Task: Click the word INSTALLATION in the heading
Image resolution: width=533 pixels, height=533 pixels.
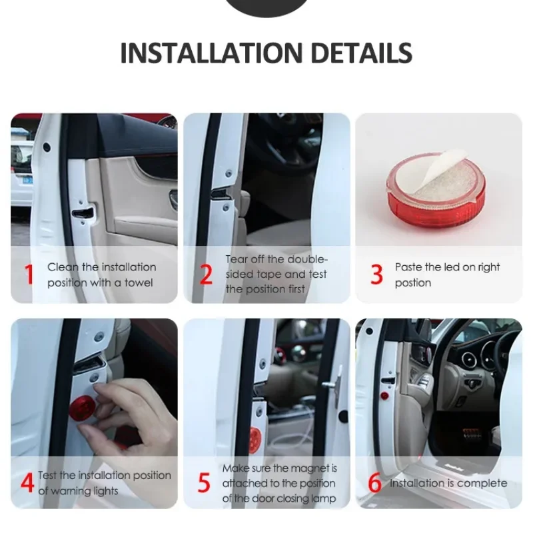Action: coord(211,53)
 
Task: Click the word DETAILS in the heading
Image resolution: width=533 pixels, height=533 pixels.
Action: coord(361,53)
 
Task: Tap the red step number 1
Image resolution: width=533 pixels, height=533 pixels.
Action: coord(29,274)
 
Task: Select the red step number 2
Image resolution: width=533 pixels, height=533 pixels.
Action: coord(206,274)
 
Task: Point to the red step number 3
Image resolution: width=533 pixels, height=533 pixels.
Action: coord(376,274)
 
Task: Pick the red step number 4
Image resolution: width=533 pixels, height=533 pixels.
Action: coord(27,482)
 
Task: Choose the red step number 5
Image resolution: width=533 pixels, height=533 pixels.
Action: coord(204,482)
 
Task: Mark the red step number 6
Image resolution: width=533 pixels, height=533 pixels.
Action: coord(375,482)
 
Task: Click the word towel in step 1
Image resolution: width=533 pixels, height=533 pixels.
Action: coord(139,282)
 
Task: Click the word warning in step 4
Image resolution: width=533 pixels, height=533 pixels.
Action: coord(68,491)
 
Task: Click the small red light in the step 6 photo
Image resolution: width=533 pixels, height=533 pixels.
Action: coord(384,396)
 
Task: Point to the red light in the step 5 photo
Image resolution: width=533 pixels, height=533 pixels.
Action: coord(255,437)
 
